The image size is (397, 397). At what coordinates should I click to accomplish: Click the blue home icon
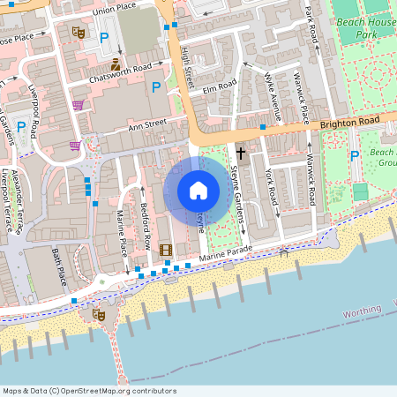(x=198, y=191)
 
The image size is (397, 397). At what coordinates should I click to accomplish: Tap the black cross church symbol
(x=240, y=153)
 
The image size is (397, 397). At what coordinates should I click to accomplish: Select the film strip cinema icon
(x=166, y=250)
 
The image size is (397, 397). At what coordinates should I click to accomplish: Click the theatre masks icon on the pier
(x=99, y=313)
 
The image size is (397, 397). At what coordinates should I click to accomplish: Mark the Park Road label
(x=310, y=24)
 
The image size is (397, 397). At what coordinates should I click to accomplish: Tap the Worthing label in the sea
(x=362, y=312)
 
